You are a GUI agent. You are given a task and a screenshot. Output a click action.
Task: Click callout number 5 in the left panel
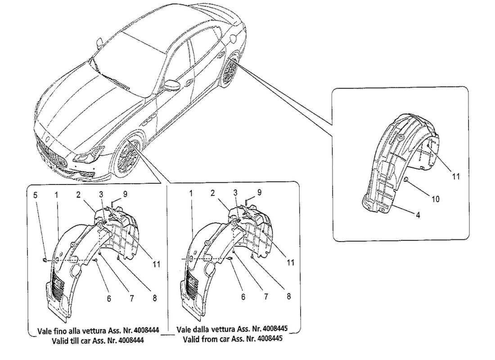point(36,195)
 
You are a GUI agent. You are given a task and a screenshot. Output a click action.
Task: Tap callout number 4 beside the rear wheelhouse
point(418,216)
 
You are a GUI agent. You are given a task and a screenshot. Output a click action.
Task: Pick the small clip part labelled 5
point(45,260)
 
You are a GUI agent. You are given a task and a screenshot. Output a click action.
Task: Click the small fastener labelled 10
point(406,180)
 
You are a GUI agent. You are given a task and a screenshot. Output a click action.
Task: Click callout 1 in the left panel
point(57,195)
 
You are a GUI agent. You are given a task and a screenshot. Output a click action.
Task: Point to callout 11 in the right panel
point(456,176)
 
